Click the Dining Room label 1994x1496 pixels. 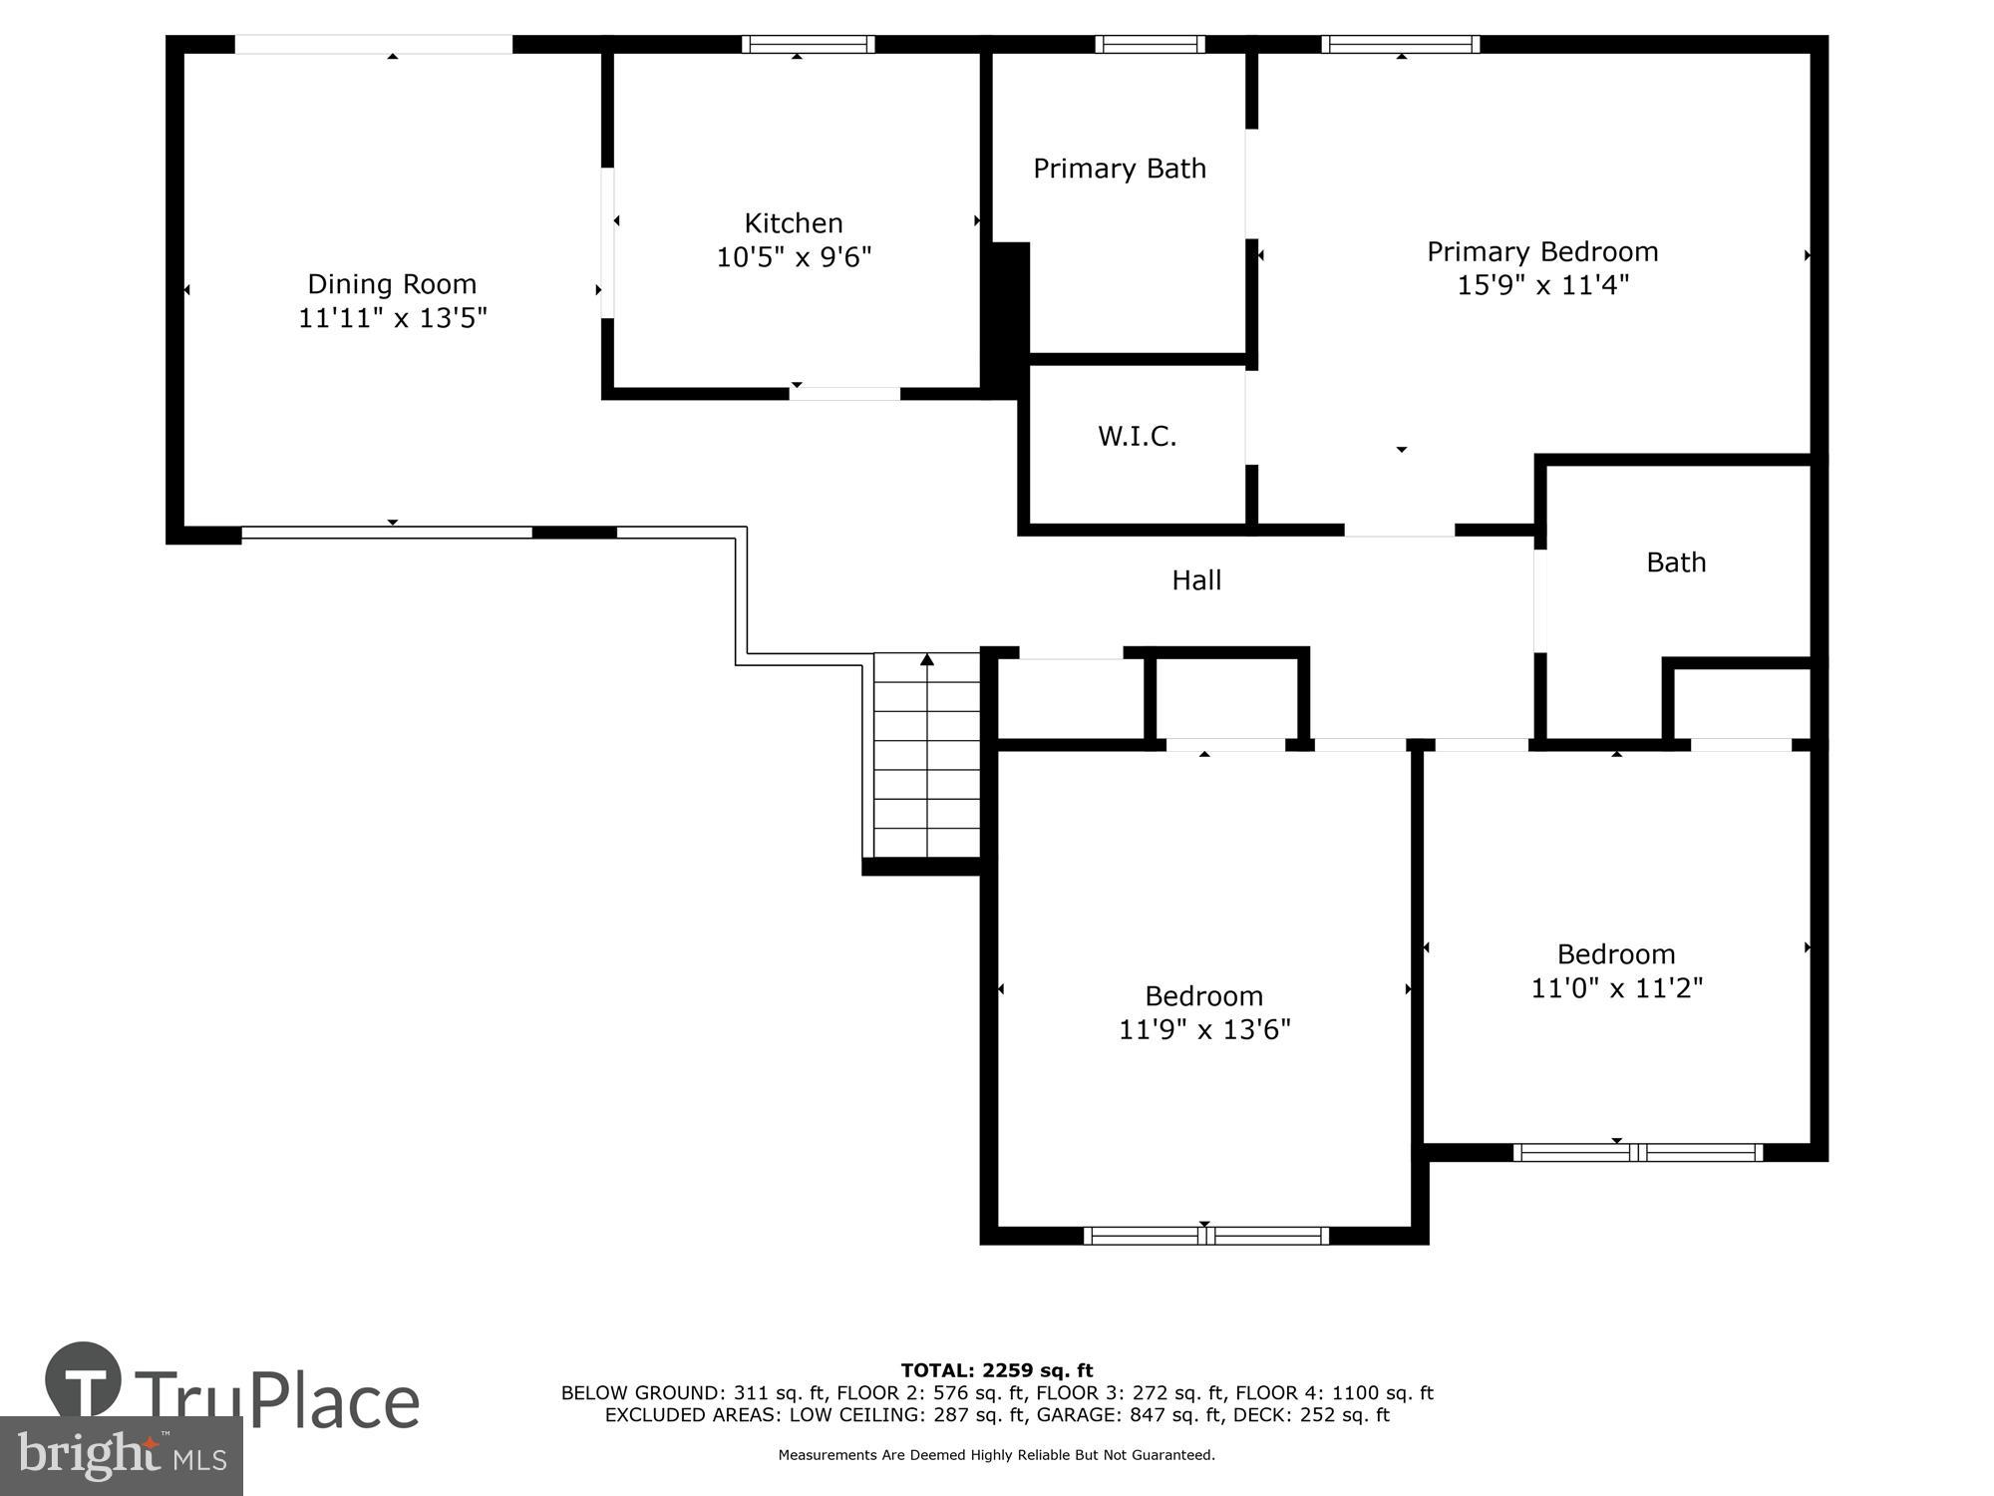[x=392, y=284]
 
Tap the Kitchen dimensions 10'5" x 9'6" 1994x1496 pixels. [x=794, y=257]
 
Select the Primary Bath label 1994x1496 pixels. [x=1119, y=169]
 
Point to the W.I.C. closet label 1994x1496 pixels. [x=1137, y=436]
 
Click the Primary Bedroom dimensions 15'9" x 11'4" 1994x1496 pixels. [x=1542, y=285]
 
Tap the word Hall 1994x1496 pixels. [x=1195, y=579]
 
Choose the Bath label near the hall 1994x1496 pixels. [x=1675, y=562]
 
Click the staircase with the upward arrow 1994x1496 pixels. [x=927, y=755]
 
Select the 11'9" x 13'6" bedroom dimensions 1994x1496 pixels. [x=1203, y=1029]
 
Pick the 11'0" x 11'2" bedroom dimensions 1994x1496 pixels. [x=1616, y=987]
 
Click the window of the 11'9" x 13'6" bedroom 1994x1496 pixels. [x=1205, y=1236]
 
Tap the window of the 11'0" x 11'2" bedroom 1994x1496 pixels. [x=1637, y=1153]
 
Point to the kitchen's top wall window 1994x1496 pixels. [x=808, y=44]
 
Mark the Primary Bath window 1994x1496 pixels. [x=1150, y=44]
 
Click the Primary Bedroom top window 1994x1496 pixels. [x=1400, y=44]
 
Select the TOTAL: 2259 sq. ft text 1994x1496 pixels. [x=996, y=1370]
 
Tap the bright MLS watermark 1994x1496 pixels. [x=121, y=1456]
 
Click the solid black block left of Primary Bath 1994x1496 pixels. [x=1006, y=319]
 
